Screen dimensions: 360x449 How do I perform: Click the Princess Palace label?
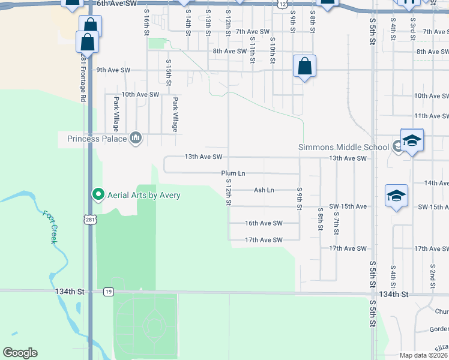pyautogui.click(x=97, y=139)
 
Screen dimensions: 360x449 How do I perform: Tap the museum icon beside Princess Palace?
pyautogui.click(x=135, y=139)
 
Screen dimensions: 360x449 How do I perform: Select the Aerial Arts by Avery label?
pyautogui.click(x=144, y=194)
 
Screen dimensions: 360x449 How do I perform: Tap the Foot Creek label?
pyautogui.click(x=49, y=226)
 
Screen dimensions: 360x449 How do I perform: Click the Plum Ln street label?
pyautogui.click(x=234, y=173)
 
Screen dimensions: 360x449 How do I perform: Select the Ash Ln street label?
pyautogui.click(x=264, y=190)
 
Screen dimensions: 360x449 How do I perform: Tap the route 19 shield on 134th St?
pyautogui.click(x=108, y=292)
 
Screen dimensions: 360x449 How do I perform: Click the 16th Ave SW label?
pyautogui.click(x=264, y=223)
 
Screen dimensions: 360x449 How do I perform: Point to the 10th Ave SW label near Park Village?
pyautogui.click(x=140, y=95)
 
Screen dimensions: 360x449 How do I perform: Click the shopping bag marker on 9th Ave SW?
pyautogui.click(x=304, y=65)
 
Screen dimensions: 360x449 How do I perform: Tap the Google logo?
pyautogui.click(x=20, y=353)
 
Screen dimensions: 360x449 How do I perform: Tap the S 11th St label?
pyautogui.click(x=253, y=47)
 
